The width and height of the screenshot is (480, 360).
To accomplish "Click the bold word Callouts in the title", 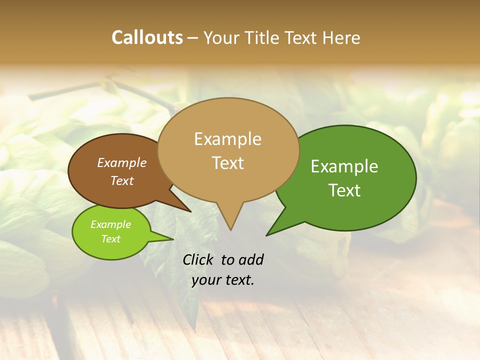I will [147, 37].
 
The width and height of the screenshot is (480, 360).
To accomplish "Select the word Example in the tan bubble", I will [227, 139].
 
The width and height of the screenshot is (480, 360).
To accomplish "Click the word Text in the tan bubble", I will [227, 162].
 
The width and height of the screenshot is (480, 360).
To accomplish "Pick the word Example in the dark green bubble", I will [344, 166].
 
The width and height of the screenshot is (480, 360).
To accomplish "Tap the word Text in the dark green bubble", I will [344, 190].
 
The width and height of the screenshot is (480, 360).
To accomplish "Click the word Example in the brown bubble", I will [121, 162].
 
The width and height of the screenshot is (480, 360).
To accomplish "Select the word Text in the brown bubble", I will [121, 180].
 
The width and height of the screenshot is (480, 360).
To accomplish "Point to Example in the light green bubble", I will [110, 224].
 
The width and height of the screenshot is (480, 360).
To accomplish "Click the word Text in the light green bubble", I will [110, 239].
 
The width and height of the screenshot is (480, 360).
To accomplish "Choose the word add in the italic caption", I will [251, 259].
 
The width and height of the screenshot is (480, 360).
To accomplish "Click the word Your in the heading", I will [221, 37].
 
